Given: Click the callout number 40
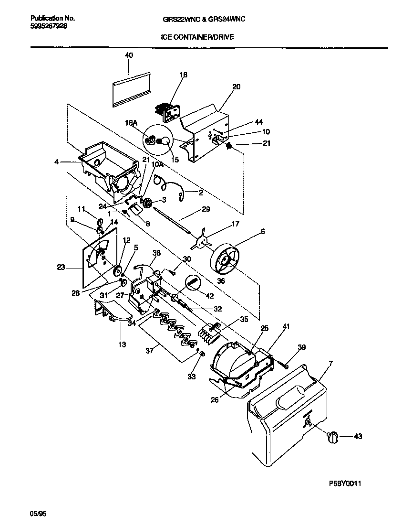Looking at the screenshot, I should (129, 55).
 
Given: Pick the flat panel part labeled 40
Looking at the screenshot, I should (131, 89).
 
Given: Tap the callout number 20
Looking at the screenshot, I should (236, 87).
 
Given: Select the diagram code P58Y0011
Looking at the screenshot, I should (344, 484).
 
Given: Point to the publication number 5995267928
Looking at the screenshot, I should (45, 27).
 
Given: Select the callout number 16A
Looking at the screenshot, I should (132, 123).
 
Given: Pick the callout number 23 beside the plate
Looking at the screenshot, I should (61, 268).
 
